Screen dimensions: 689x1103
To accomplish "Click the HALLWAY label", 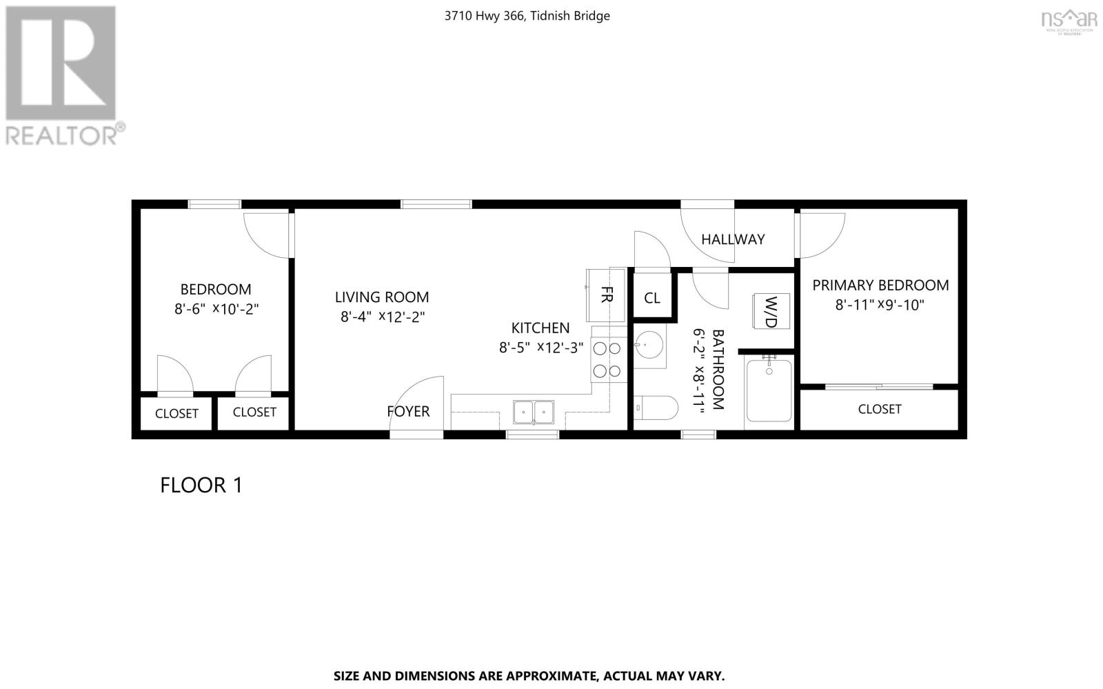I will [x=733, y=239].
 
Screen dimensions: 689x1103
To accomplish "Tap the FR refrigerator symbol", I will [x=606, y=295].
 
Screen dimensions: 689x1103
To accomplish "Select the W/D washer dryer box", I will [x=771, y=312].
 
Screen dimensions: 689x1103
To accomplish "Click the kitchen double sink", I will [x=533, y=412].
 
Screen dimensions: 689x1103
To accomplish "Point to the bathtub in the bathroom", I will [x=769, y=391].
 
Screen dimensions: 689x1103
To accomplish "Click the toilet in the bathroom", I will [x=655, y=408].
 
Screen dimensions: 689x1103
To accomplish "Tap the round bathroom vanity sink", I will [x=649, y=345].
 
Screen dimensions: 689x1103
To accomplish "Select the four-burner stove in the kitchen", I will [x=607, y=361].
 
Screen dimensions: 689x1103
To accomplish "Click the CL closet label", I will [x=652, y=298].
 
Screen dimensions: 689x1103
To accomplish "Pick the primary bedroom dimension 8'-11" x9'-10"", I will [x=880, y=305].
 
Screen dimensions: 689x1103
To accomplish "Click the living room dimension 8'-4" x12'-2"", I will [x=382, y=317].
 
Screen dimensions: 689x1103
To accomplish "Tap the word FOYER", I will [x=408, y=412].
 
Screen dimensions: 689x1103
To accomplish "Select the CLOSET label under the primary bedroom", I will [x=879, y=409].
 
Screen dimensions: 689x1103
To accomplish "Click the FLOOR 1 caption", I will [x=201, y=485].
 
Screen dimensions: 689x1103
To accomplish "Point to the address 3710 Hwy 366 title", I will [x=527, y=16].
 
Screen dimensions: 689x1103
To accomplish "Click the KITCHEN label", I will [x=540, y=328].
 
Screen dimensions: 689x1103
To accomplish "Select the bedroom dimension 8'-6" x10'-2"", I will [x=216, y=309].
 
